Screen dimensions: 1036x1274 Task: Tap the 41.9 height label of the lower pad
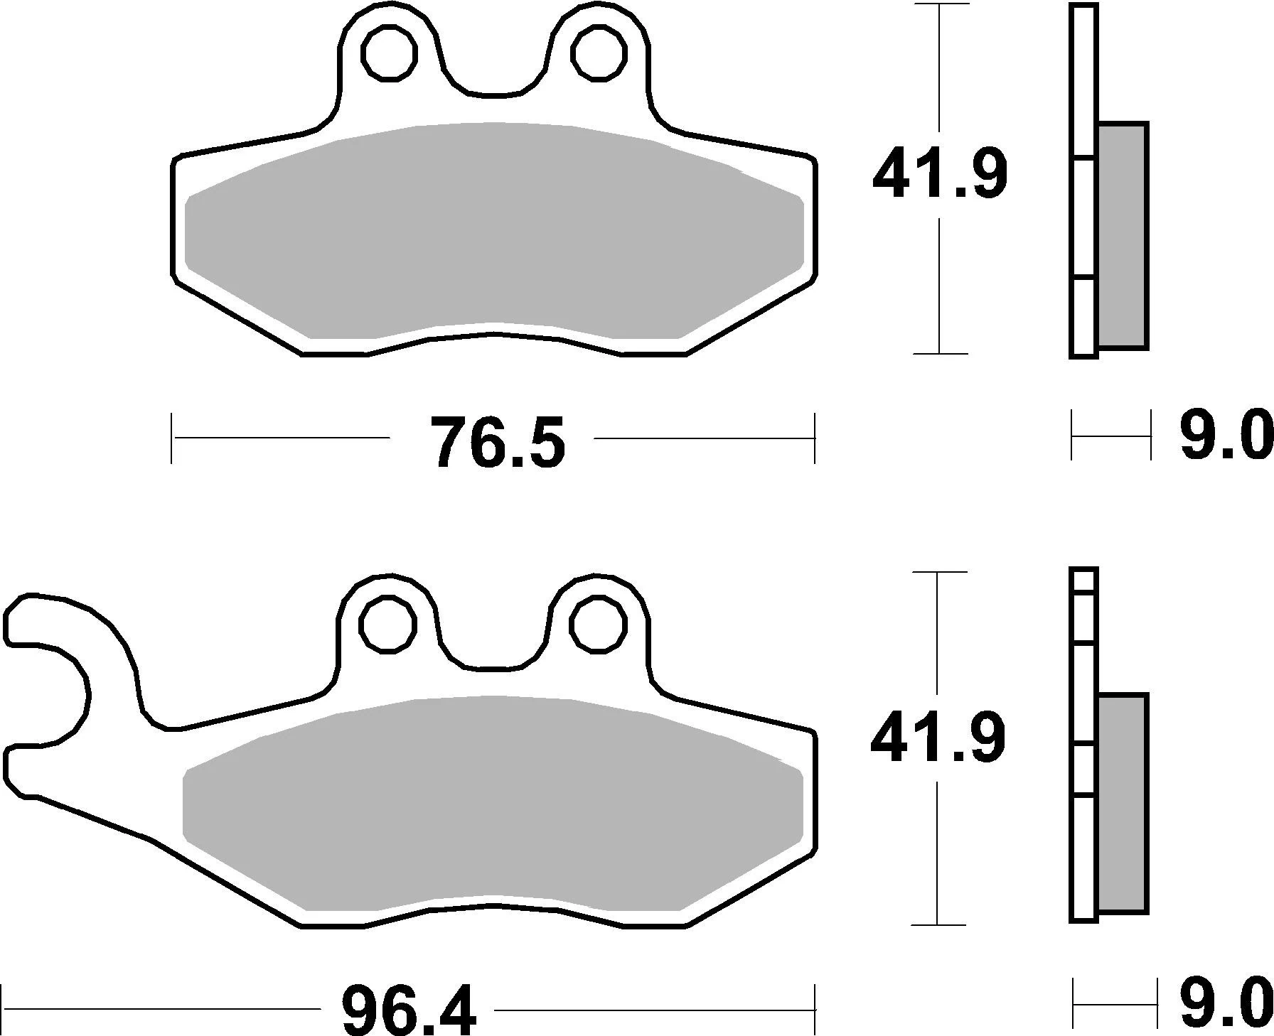(x=938, y=739)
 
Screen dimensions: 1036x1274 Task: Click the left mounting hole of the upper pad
(x=388, y=52)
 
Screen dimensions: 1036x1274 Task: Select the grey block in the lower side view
(x=1123, y=803)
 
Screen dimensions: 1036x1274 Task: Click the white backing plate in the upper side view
(x=1083, y=213)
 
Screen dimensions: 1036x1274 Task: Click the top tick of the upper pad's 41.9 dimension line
(x=940, y=5)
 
